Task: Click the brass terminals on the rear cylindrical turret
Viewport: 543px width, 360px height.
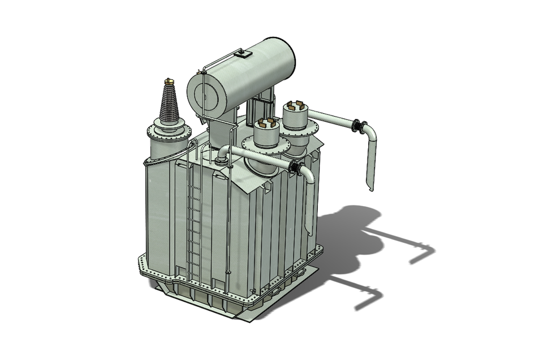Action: pyautogui.click(x=294, y=106)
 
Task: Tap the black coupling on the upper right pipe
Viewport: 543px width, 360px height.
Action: pyautogui.click(x=357, y=126)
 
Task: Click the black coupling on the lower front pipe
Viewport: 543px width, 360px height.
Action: pyautogui.click(x=294, y=167)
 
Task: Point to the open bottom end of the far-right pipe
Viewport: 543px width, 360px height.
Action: pyautogui.click(x=369, y=187)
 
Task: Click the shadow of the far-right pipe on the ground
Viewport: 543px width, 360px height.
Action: pyautogui.click(x=419, y=255)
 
